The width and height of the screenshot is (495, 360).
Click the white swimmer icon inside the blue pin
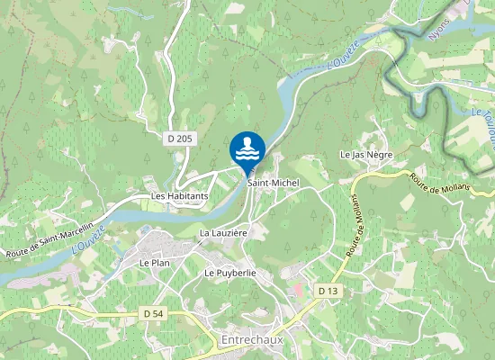(x=247, y=148)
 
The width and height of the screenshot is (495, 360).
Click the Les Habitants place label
(x=180, y=195)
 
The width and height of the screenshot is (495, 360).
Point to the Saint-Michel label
(x=273, y=183)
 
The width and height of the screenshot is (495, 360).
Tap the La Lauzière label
(x=223, y=233)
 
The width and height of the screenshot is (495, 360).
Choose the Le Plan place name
(x=155, y=262)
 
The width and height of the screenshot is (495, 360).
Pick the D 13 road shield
(x=328, y=291)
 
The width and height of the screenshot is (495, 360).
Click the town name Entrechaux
(x=254, y=340)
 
